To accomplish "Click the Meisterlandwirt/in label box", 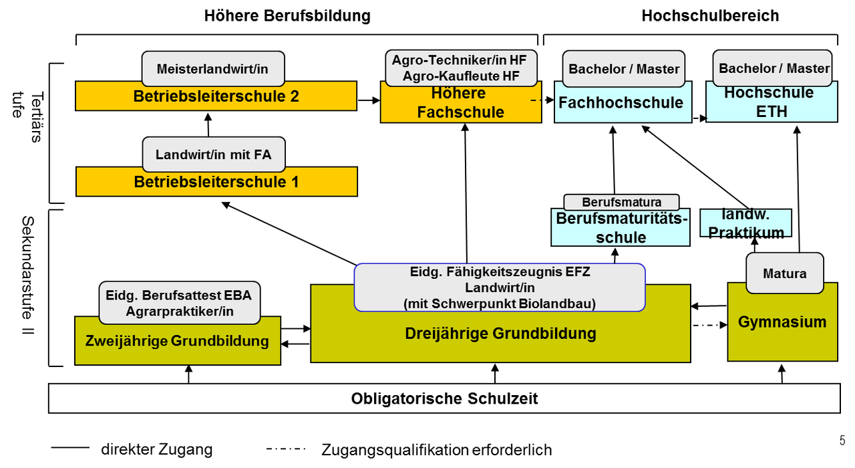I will (213, 69).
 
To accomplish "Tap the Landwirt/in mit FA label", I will (213, 154).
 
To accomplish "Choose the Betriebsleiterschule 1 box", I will (216, 182).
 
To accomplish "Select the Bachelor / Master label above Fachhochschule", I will (623, 69).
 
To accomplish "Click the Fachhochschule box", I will (621, 104).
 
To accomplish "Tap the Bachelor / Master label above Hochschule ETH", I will (774, 68).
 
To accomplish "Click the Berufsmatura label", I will (621, 202).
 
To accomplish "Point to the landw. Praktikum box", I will (745, 223).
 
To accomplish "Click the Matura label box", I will (784, 273).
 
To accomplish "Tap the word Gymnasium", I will (782, 322).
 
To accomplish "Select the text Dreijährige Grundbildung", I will (500, 334).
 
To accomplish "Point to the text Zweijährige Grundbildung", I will (177, 342).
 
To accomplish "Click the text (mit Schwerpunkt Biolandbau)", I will (500, 304).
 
